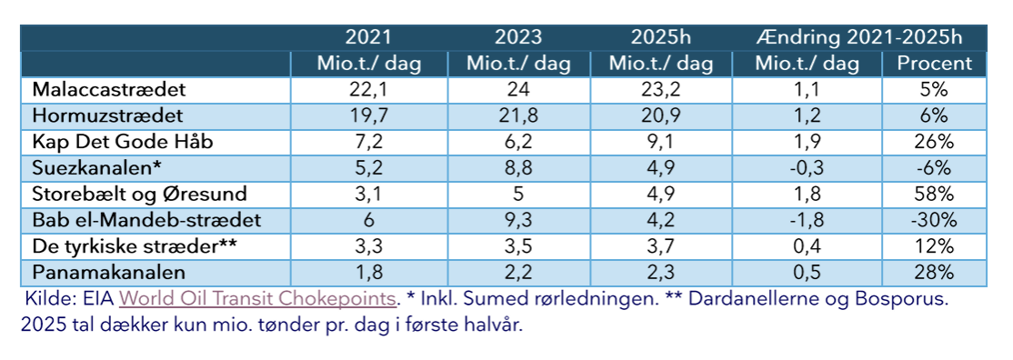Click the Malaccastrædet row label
(x=109, y=91)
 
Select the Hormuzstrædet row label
(x=107, y=116)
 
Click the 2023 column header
(x=518, y=38)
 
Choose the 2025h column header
(x=660, y=38)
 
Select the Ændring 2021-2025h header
(x=858, y=38)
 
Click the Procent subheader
(x=934, y=64)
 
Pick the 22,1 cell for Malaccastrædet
(x=369, y=91)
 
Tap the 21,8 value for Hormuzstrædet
(x=518, y=116)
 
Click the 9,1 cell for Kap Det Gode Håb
(x=660, y=143)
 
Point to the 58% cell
(x=934, y=195)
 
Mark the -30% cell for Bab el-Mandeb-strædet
(x=934, y=221)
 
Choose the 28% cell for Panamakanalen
(x=934, y=273)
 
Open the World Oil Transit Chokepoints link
(x=258, y=298)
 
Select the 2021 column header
(x=369, y=38)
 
